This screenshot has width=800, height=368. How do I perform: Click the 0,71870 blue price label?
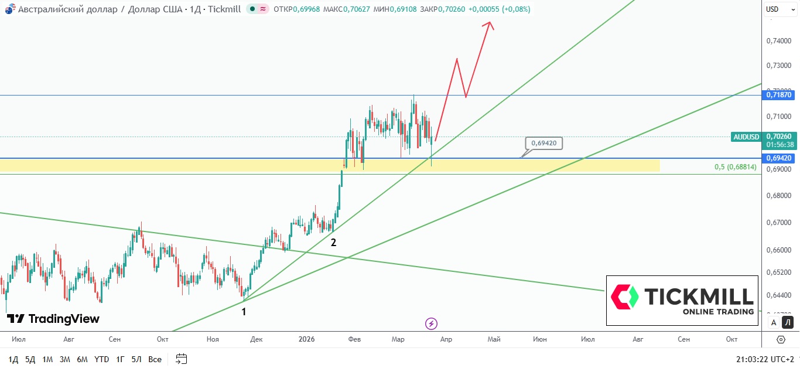[x=779, y=94]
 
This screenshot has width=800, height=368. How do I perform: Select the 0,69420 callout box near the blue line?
[x=544, y=142]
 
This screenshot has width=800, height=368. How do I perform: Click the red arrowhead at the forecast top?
[x=490, y=25]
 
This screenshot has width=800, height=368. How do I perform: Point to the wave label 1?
[x=244, y=312]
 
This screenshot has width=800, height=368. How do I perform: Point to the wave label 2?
[x=333, y=242]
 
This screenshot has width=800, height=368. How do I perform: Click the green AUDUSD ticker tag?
[x=746, y=137]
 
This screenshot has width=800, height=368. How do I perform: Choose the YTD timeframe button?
[x=101, y=359]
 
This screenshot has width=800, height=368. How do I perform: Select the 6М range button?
[x=82, y=359]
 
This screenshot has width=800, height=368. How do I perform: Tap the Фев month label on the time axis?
[x=354, y=339]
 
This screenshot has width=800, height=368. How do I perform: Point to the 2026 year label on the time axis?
[x=306, y=339]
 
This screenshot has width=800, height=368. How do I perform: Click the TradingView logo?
[x=53, y=319]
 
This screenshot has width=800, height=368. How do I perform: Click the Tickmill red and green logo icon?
[x=624, y=297]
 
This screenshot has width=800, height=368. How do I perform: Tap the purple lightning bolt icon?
[x=432, y=323]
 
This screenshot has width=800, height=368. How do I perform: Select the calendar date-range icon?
[x=181, y=359]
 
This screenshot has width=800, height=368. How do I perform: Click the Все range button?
[x=155, y=359]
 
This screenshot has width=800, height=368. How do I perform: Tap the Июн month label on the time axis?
[x=539, y=339]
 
